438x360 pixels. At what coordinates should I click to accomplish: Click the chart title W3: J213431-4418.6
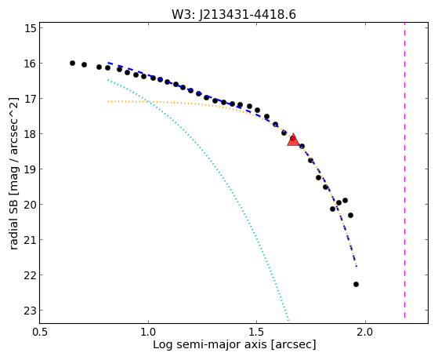click(x=233, y=15)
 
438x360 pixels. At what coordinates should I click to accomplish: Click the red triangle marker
click(x=293, y=140)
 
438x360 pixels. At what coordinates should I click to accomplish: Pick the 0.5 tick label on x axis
click(x=40, y=332)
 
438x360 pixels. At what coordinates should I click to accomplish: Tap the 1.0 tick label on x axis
click(x=148, y=332)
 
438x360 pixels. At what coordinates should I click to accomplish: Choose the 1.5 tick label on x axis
click(x=257, y=332)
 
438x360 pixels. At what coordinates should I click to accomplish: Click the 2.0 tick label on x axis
click(x=365, y=332)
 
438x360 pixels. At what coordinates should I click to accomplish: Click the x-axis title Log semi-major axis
click(x=210, y=344)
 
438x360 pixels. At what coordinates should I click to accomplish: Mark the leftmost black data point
click(x=72, y=64)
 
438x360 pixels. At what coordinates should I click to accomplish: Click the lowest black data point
click(x=356, y=284)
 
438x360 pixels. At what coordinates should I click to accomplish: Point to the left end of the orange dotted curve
click(x=108, y=101)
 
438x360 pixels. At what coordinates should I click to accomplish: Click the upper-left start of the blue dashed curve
click(x=108, y=63)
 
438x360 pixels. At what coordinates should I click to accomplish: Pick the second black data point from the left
click(x=84, y=64)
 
